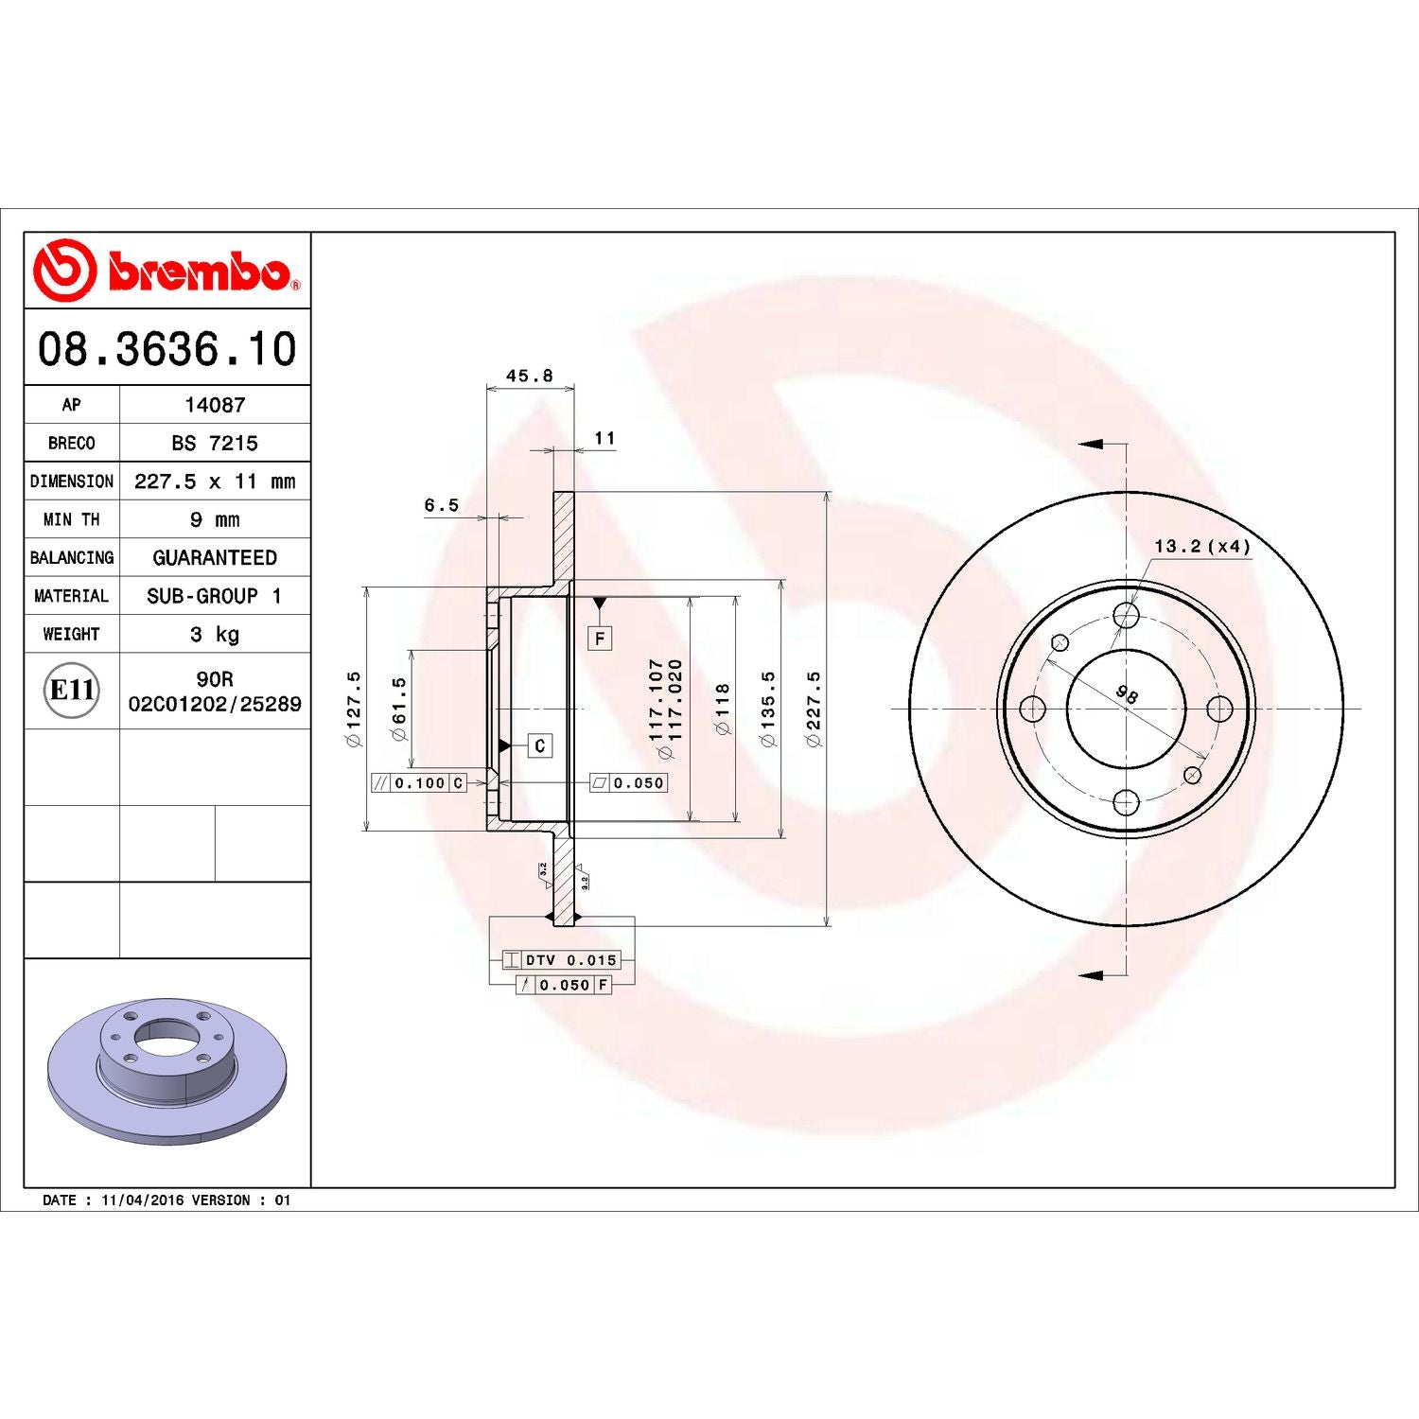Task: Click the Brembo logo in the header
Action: pyautogui.click(x=166, y=271)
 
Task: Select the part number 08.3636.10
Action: pyautogui.click(x=166, y=348)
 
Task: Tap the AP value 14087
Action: pyautogui.click(x=215, y=405)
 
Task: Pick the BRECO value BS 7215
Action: pyautogui.click(x=215, y=443)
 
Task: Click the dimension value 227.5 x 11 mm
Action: pyautogui.click(x=215, y=482)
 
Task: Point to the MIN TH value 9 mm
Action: pyautogui.click(x=215, y=519)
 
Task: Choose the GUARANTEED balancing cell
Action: pyautogui.click(x=215, y=558)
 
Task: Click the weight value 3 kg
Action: pyautogui.click(x=215, y=634)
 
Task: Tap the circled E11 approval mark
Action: pyautogui.click(x=72, y=691)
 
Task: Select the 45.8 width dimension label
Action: pyautogui.click(x=529, y=376)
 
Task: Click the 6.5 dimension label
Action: pyautogui.click(x=441, y=505)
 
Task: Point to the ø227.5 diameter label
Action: pyautogui.click(x=814, y=709)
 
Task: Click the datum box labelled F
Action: pyautogui.click(x=600, y=639)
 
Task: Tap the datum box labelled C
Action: pyautogui.click(x=539, y=745)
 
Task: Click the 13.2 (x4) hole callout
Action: pyautogui.click(x=1201, y=547)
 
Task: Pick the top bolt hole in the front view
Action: pyautogui.click(x=1126, y=616)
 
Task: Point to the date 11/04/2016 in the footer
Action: pyautogui.click(x=142, y=1200)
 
